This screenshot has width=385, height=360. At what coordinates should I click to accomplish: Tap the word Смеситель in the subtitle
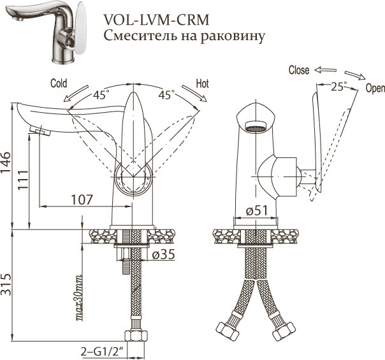click(x=137, y=35)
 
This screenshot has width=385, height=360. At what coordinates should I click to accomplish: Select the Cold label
click(x=59, y=83)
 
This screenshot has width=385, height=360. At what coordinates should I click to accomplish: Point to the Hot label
click(x=203, y=83)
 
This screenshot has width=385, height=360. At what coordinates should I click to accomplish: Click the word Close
click(x=299, y=70)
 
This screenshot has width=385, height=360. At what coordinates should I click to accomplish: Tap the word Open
click(x=375, y=89)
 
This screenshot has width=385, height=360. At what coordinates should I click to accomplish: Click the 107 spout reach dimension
click(x=82, y=199)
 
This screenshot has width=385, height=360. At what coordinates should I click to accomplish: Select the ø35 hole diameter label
click(x=164, y=256)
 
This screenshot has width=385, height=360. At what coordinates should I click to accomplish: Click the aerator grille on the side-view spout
click(x=255, y=128)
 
